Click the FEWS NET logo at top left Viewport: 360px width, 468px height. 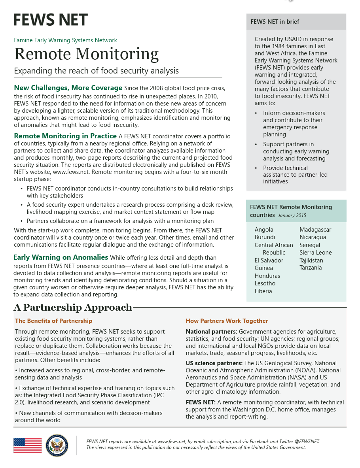coord(51,20)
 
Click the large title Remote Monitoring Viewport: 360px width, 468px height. coord(86,54)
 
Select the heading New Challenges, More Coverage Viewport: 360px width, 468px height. coord(68,88)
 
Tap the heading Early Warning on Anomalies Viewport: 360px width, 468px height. coord(61,257)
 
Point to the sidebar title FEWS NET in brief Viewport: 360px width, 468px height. coord(275,22)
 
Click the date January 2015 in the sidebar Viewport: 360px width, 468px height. coord(292,215)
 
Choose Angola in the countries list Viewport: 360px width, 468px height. coord(264,230)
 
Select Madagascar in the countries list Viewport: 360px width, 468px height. coord(315,230)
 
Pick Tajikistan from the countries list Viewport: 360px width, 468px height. coord(311,260)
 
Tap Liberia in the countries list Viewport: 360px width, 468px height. coord(263,291)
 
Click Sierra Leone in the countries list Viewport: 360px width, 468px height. coord(316,253)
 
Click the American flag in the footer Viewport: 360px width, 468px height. coord(27,445)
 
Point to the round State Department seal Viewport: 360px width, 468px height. coord(57,445)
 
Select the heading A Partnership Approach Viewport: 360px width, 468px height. coord(73,308)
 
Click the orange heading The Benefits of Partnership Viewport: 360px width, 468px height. coord(53,321)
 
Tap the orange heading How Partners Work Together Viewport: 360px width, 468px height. coord(227,321)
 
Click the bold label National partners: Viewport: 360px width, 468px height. coord(211,332)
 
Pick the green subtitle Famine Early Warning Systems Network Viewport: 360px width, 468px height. coord(66,40)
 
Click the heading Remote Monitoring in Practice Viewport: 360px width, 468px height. coord(65,136)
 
